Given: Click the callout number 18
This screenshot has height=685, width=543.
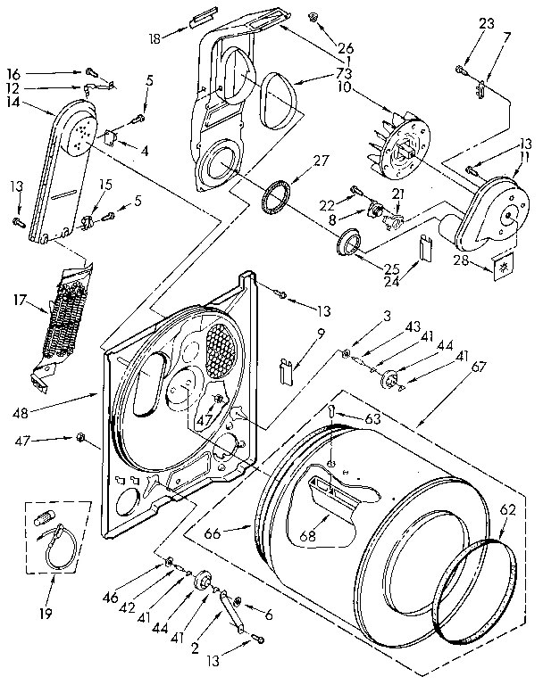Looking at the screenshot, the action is click(x=155, y=38).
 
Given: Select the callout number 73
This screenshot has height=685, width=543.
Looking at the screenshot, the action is click(x=345, y=72).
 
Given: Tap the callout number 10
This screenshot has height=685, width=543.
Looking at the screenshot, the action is click(x=345, y=87).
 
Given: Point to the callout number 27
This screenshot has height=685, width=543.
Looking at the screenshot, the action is click(x=321, y=161).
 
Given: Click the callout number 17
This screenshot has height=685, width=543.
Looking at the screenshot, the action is click(x=21, y=301).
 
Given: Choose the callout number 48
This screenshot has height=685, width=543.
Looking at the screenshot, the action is click(x=21, y=413).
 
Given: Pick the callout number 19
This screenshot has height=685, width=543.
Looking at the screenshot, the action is click(x=46, y=614).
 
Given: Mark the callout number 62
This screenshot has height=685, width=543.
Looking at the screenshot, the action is click(x=507, y=510).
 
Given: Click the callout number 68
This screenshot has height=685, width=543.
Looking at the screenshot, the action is click(x=308, y=535).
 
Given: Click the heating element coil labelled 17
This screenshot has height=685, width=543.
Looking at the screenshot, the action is click(x=63, y=319).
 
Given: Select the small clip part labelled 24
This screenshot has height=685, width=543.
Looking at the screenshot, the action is click(x=424, y=247).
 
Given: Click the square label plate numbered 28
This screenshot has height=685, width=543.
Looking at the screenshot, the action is click(x=504, y=268).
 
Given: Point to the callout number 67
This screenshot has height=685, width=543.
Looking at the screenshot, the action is click(x=479, y=367).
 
